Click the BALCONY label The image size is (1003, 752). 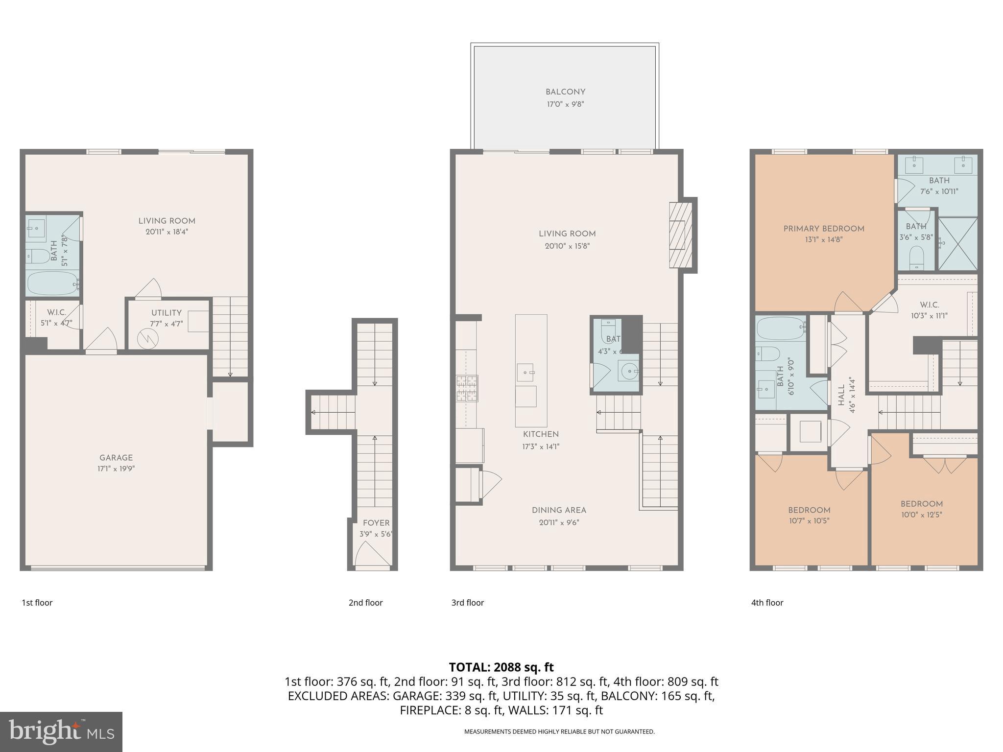tap(565, 92)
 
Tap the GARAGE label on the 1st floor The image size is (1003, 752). tap(116, 458)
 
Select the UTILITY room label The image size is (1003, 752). tap(167, 313)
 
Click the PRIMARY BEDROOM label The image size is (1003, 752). tap(824, 229)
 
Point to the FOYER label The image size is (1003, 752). tap(376, 523)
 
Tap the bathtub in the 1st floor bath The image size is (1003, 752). tap(52, 283)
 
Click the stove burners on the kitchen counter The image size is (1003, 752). tap(468, 388)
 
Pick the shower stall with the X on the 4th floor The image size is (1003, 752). tap(957, 244)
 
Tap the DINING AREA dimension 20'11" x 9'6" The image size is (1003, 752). tap(559, 522)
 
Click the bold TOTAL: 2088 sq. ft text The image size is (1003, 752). tap(501, 667)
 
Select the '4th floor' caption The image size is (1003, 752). tap(767, 603)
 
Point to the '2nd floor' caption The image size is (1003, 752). tap(365, 603)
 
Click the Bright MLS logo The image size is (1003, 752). tap(61, 731)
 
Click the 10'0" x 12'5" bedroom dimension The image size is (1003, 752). tap(921, 515)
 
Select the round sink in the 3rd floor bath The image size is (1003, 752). tap(628, 371)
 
